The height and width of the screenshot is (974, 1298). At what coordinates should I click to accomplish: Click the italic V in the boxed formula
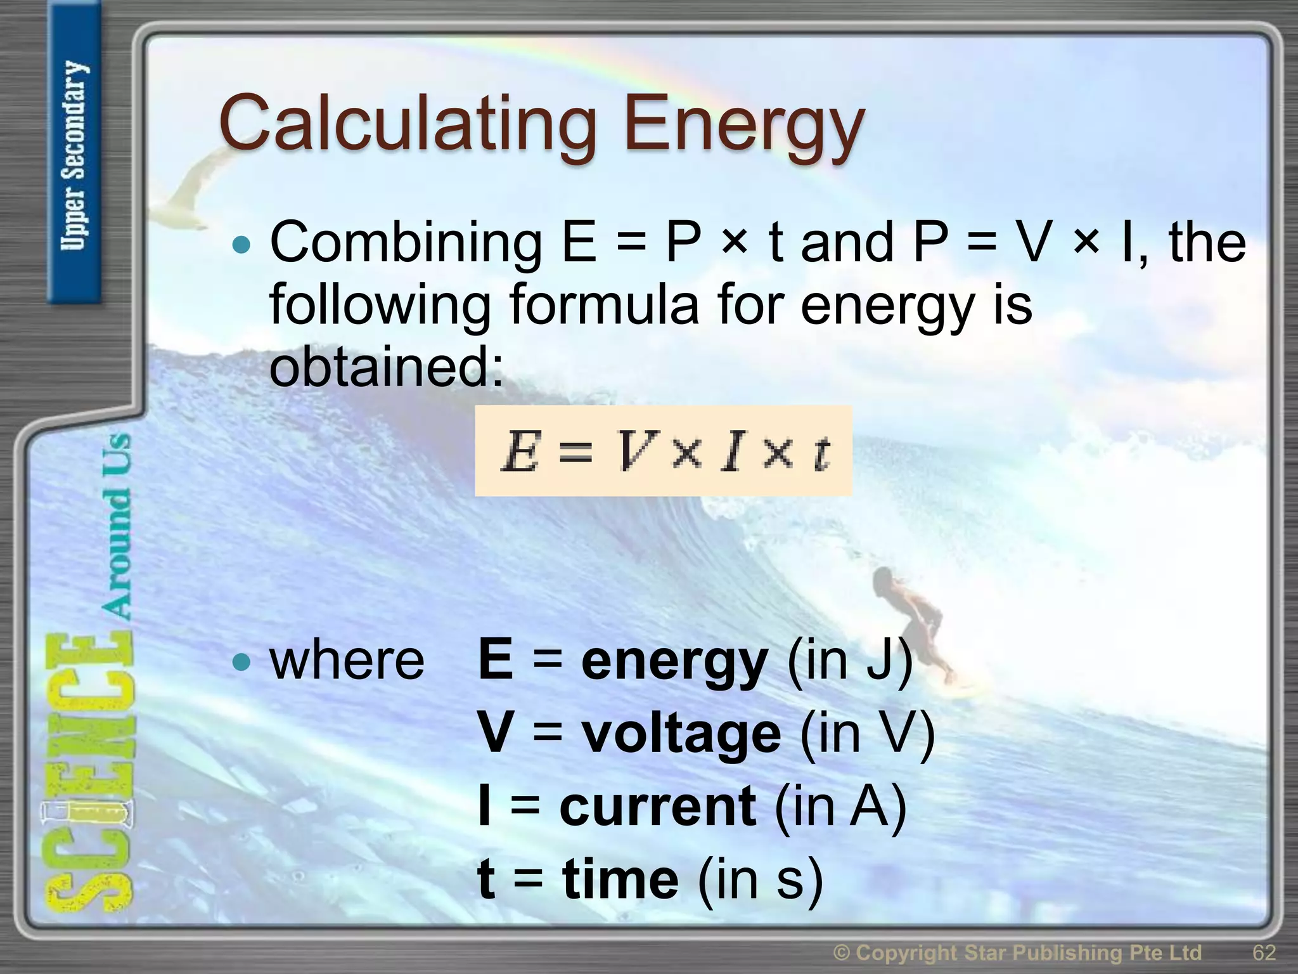(x=630, y=452)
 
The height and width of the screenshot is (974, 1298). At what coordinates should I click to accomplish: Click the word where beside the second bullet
(x=347, y=661)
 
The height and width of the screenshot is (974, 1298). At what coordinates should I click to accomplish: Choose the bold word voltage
(x=681, y=734)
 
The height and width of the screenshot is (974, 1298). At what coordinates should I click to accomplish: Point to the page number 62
(x=1264, y=952)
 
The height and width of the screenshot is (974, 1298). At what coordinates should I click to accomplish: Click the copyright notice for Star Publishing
(x=1017, y=952)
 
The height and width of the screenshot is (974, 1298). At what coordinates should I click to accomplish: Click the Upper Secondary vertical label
(x=74, y=155)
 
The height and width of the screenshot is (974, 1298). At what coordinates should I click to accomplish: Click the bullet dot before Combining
(x=241, y=245)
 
